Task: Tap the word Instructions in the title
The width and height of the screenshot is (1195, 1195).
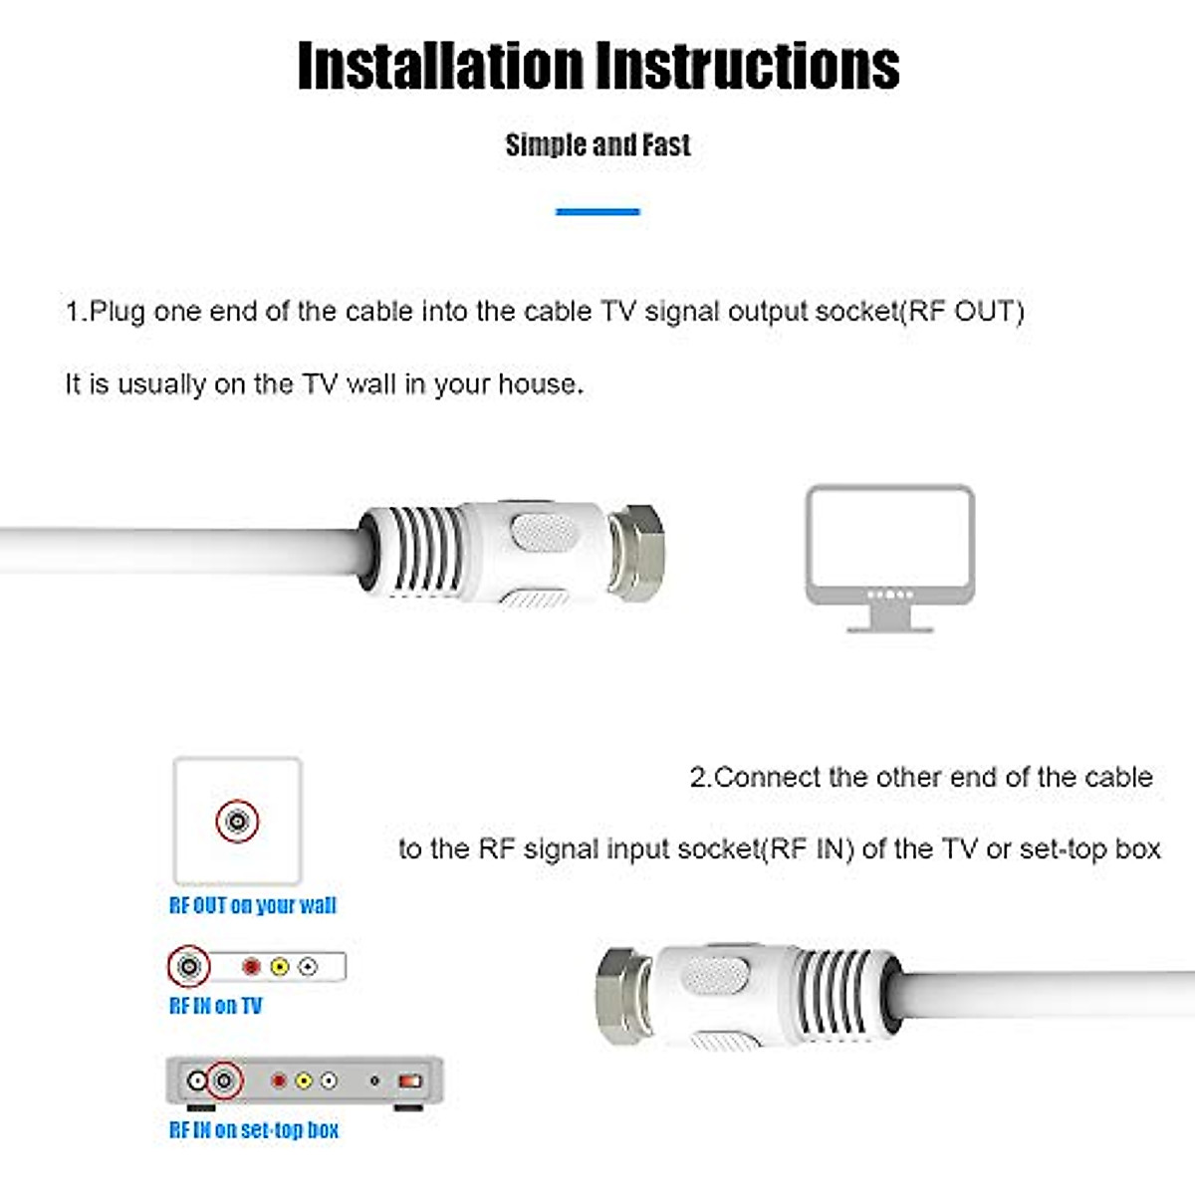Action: pyautogui.click(x=748, y=67)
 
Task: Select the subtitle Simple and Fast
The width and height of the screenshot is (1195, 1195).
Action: pyautogui.click(x=597, y=145)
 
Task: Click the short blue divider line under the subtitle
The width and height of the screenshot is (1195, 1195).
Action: pyautogui.click(x=597, y=211)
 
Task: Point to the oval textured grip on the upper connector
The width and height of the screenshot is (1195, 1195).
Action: pyautogui.click(x=544, y=532)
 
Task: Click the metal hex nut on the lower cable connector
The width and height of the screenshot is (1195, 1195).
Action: pyautogui.click(x=624, y=995)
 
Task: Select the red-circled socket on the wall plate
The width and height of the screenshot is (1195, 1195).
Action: pyautogui.click(x=237, y=822)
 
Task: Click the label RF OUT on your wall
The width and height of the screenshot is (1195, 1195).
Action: pyautogui.click(x=253, y=905)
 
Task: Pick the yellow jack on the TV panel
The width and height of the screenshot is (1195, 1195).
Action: pyautogui.click(x=280, y=966)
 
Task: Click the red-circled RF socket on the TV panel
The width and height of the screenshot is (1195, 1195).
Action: pyautogui.click(x=188, y=966)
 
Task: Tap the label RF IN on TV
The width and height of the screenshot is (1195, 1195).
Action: pyautogui.click(x=215, y=1006)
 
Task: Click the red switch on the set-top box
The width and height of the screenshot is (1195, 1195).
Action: pyautogui.click(x=410, y=1080)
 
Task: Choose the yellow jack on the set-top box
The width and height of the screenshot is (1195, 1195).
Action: pyautogui.click(x=304, y=1080)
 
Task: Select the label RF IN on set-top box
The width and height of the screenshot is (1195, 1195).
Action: pyautogui.click(x=254, y=1130)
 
